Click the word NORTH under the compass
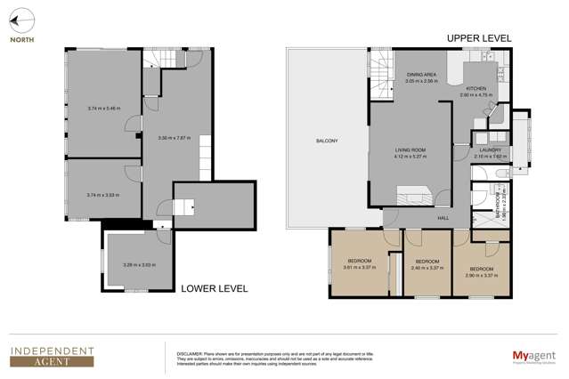click(x=23, y=39)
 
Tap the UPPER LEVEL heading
click(x=478, y=38)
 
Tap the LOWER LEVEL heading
click(x=214, y=288)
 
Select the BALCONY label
click(x=326, y=141)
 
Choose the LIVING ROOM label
click(x=410, y=150)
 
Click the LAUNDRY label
click(x=491, y=149)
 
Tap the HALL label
click(x=443, y=217)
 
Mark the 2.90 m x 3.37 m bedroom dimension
click(x=482, y=275)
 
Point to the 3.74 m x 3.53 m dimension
click(x=103, y=194)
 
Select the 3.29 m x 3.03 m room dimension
click(x=138, y=264)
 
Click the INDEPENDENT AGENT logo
click(x=52, y=356)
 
